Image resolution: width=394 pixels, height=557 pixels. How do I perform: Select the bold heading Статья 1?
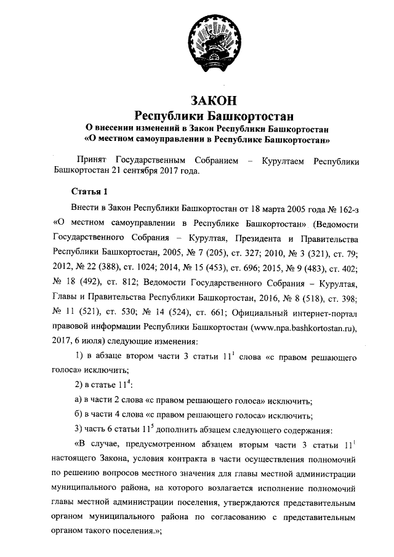click(x=90, y=189)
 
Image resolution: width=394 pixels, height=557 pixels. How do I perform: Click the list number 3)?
click(x=79, y=430)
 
